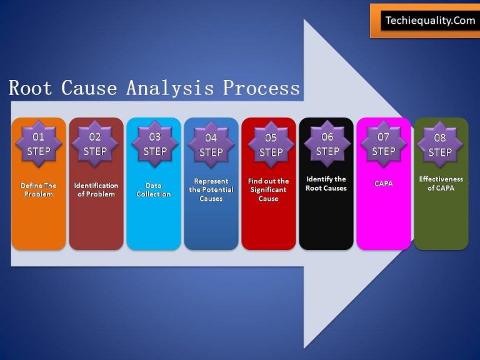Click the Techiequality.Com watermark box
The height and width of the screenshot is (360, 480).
coord(430,21)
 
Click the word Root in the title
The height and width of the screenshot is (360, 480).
coord(29,88)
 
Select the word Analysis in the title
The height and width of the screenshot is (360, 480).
coord(170,88)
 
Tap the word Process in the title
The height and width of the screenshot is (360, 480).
coord(261,88)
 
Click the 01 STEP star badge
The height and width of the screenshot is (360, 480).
coord(39,144)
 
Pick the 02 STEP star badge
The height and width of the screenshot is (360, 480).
coord(95,144)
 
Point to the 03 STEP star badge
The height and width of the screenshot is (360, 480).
coord(154,144)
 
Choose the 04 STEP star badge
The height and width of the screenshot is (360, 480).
coord(211,145)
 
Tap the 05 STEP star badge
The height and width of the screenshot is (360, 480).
coord(271,145)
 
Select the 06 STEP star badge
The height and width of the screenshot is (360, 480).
coord(327,144)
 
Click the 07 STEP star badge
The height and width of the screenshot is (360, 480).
coord(384,144)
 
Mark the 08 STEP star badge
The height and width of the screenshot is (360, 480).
coord(440,145)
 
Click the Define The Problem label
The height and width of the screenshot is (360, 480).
coord(39,190)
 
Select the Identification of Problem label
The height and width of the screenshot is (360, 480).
coord(96,190)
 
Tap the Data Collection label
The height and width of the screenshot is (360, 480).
coord(154,190)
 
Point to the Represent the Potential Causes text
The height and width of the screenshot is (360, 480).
coord(211,189)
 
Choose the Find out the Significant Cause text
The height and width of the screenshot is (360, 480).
coord(269,190)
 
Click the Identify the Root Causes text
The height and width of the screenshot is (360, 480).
coord(326,184)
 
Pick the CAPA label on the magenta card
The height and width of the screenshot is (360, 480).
coord(384,184)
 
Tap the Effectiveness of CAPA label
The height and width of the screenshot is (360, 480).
coord(441,184)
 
